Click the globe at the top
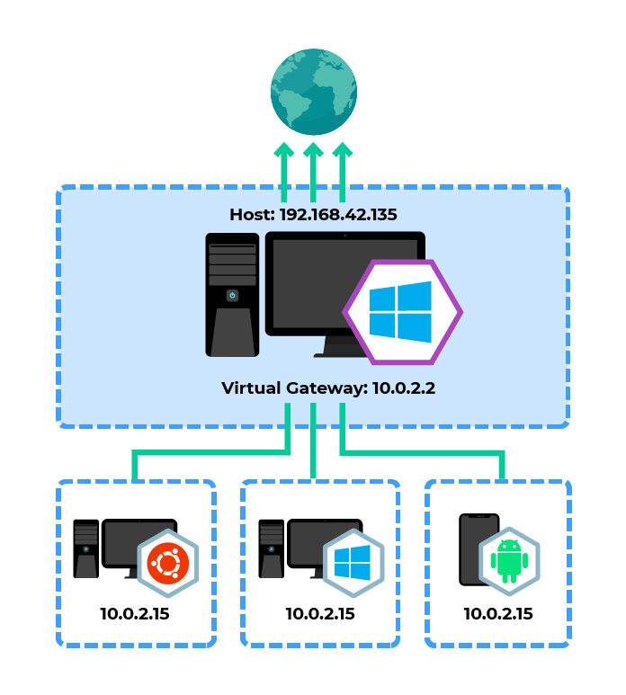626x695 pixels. point(313,90)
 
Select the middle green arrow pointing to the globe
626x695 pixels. point(313,171)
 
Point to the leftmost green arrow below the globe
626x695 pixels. point(284,171)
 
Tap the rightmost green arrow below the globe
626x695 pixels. point(342,171)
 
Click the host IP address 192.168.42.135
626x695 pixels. point(337,215)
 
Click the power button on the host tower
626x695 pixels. point(232,295)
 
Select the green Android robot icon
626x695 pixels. point(509,562)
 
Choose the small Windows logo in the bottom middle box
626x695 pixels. point(353,563)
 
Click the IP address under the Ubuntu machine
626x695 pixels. point(135,615)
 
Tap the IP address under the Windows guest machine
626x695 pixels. point(320,615)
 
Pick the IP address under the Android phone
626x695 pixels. point(498,615)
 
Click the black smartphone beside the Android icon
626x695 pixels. point(472,548)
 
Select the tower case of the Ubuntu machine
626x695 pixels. point(85,548)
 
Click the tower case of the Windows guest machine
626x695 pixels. point(271,548)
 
